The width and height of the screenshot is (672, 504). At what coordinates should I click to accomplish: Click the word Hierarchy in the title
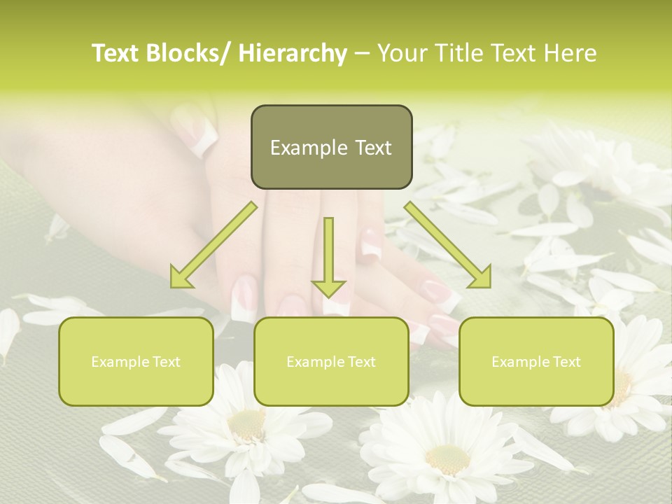point(293,53)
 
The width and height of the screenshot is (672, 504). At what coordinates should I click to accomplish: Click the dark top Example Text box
point(331,147)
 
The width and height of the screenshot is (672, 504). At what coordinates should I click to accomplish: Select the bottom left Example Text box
point(136,361)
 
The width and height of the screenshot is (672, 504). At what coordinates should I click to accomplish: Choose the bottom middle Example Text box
point(331,361)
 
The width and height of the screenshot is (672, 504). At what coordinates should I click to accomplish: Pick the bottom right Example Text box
point(536,361)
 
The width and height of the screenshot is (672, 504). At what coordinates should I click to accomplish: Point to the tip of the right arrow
point(489,286)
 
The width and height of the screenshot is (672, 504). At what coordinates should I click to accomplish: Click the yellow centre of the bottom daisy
point(447,459)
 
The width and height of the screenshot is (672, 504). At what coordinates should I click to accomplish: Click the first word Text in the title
point(115,53)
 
